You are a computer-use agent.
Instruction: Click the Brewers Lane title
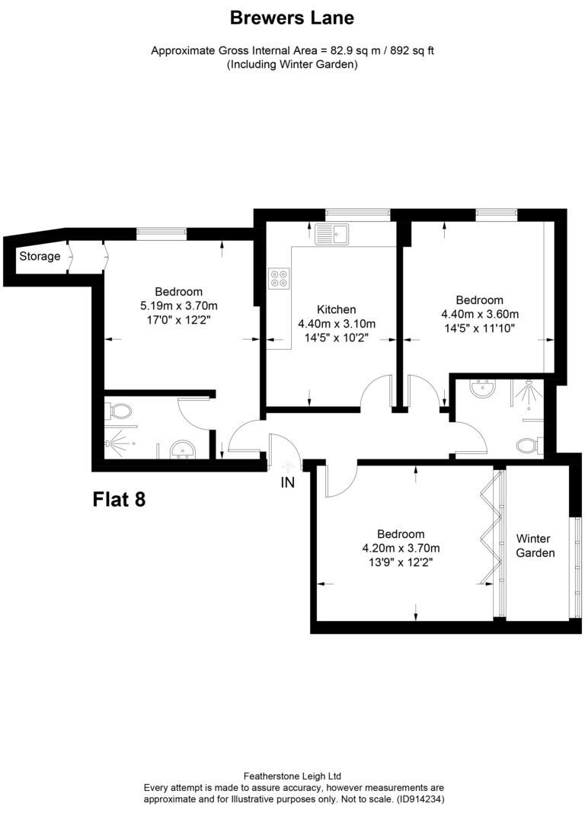tap(292, 18)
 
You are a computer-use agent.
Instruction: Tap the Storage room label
tap(40, 256)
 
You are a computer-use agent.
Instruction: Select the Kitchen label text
tap(336, 309)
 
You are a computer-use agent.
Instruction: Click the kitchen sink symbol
tap(331, 235)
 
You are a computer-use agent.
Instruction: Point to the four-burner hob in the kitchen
tap(279, 278)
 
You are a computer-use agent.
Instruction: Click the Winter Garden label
tap(535, 546)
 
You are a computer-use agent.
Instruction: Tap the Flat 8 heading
tap(119, 499)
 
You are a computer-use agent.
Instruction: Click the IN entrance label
tap(288, 483)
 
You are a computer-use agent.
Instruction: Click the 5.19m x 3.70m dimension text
tap(179, 306)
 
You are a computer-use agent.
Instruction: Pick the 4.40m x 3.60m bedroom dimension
tap(480, 314)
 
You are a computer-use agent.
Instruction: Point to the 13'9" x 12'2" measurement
tap(401, 562)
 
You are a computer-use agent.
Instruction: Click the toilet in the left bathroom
tap(120, 412)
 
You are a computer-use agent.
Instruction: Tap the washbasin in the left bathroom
tap(181, 450)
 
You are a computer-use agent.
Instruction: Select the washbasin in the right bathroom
tap(483, 388)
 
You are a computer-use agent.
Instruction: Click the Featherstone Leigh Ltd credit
tap(292, 776)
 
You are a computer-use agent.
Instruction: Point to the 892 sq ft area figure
tap(412, 51)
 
